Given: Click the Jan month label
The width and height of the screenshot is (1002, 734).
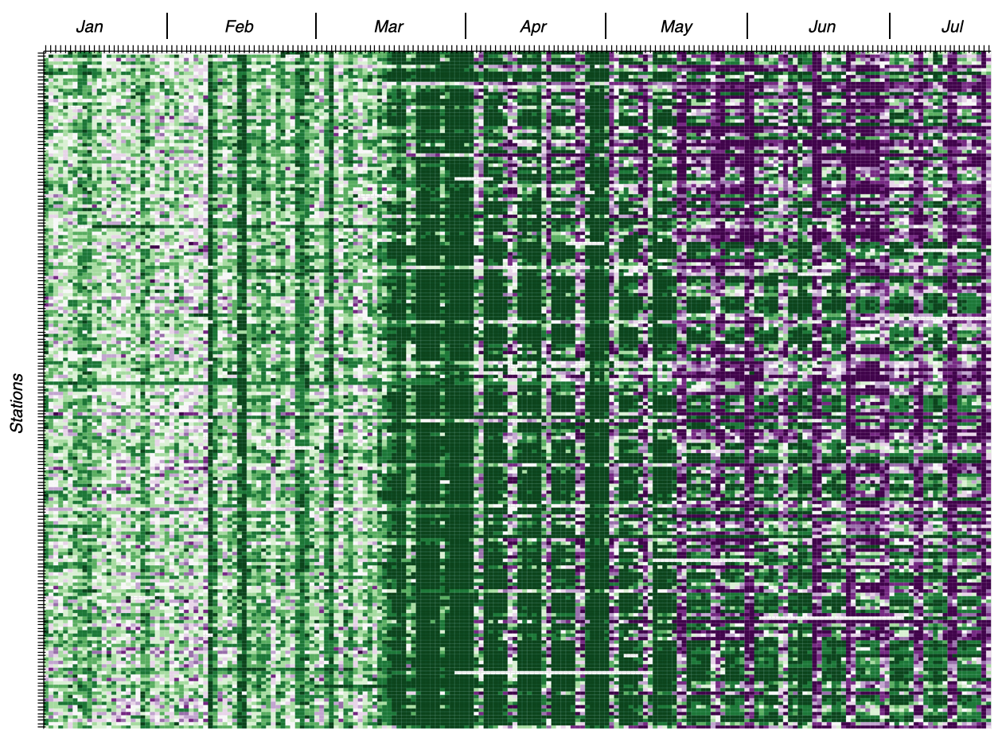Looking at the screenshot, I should [89, 27].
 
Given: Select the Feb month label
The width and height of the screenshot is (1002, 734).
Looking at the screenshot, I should [239, 27].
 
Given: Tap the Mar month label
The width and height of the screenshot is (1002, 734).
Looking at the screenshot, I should [388, 27].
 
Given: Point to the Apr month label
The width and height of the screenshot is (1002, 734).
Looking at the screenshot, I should [533, 27].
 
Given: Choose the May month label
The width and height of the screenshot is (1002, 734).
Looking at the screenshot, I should [676, 27].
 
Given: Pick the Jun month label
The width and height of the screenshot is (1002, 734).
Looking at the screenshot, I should [821, 27].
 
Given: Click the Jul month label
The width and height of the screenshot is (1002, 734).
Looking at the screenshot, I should [952, 27].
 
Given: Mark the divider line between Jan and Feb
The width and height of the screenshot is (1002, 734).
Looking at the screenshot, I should [167, 26].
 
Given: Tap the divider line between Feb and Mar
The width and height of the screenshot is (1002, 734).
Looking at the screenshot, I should [316, 26].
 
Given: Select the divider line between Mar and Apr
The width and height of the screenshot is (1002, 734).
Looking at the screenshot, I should [466, 26].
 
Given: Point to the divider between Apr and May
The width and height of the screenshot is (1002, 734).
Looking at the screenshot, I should [606, 26].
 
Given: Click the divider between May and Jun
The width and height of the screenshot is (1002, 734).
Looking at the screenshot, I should [747, 26].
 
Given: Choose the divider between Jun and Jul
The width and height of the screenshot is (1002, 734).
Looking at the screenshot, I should [890, 26].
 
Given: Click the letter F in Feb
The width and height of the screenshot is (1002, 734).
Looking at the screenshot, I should [229, 27].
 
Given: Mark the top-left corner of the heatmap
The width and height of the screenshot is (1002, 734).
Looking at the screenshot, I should [45, 53].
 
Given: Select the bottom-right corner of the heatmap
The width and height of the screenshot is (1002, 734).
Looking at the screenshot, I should [989, 727].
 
